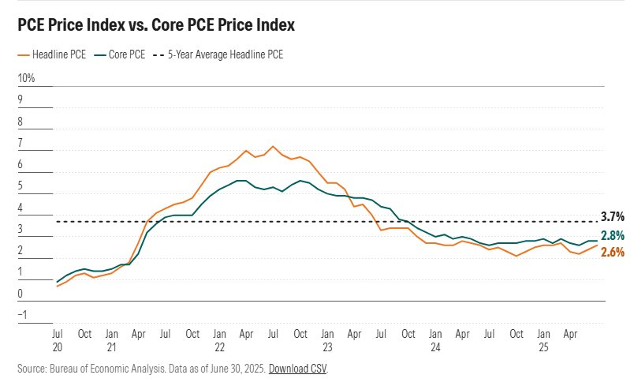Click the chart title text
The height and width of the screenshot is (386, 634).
(156, 25)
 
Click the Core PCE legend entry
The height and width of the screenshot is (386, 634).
(123, 55)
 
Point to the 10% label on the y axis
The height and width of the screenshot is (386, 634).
(26, 79)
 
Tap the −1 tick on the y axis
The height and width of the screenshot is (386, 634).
(23, 316)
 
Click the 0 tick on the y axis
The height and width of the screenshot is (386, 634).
(21, 294)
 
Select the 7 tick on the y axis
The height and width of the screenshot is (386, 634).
(21, 144)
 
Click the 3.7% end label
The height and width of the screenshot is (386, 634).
(613, 215)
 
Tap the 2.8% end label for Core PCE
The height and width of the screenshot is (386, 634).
(613, 236)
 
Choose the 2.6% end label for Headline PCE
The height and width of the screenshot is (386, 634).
(613, 253)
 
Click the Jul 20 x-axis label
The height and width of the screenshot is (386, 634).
(58, 339)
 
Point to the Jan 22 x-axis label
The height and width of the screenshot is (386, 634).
(219, 339)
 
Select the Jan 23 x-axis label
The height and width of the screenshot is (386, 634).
(326, 339)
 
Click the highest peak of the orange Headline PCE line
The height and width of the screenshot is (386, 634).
(273, 146)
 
